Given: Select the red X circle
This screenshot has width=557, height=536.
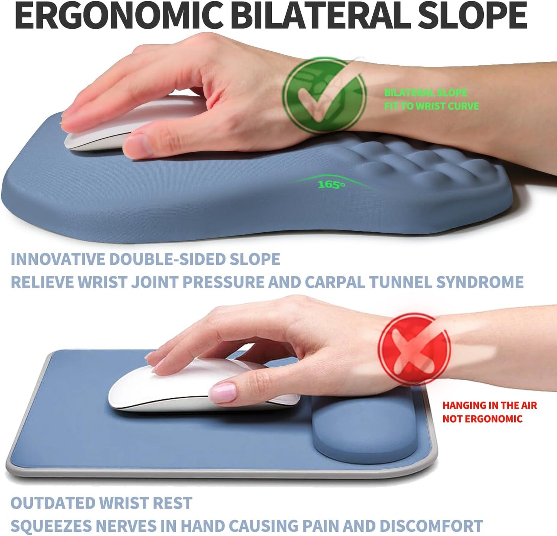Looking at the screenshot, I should click(414, 349).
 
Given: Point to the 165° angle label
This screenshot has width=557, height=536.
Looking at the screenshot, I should click(331, 185).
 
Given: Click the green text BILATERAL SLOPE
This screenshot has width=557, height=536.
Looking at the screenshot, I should click(426, 93).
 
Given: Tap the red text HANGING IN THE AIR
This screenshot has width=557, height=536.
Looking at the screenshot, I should click(490, 406).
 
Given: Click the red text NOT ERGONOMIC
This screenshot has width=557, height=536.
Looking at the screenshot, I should click(482, 419).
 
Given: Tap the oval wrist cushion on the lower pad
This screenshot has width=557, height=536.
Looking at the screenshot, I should click(365, 430).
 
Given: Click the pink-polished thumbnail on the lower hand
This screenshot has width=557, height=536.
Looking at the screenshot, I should click(223, 392).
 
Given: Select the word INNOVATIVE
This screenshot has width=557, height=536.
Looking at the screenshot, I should click(57, 259).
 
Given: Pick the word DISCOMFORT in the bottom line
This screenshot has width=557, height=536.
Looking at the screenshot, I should click(431, 526).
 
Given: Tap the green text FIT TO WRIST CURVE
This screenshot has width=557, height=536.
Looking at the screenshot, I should click(431, 106).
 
